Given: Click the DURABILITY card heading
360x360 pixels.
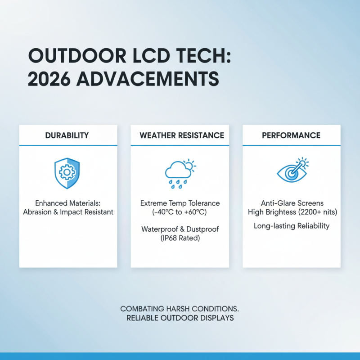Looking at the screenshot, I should point(67,135).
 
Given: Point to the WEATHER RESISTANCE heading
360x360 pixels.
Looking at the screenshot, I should point(181,135).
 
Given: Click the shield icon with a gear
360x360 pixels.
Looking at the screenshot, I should point(67,173).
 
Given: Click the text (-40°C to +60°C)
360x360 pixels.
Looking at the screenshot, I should point(180,212).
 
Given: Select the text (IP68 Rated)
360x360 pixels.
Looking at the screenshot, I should point(180,238).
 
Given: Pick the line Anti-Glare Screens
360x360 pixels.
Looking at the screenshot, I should point(292,203).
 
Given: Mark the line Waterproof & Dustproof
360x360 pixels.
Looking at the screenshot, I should point(180,229).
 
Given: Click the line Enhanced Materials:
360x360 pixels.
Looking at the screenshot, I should point(68,203).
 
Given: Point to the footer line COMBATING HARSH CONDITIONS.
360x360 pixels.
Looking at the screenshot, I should point(180,309).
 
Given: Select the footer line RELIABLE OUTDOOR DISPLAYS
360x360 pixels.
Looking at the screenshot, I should point(180,318).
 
